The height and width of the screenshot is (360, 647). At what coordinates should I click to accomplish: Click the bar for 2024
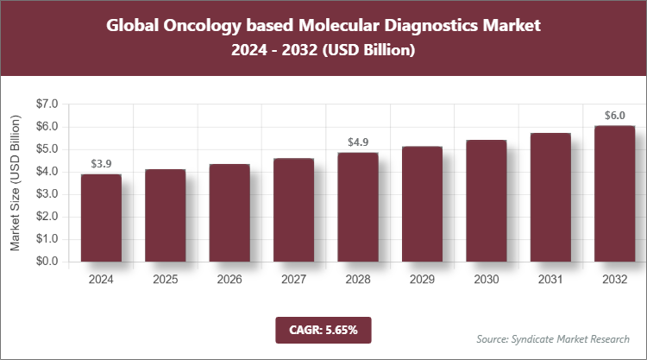tap(101, 218)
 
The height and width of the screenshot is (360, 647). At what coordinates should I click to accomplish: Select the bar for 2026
tap(229, 212)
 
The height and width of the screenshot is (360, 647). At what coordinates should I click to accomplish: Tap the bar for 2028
tap(357, 207)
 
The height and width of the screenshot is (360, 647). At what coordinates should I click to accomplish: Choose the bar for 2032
tap(613, 193)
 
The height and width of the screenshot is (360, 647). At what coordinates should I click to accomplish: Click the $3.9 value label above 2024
tap(101, 163)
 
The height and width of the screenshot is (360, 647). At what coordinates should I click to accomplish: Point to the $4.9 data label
tap(357, 142)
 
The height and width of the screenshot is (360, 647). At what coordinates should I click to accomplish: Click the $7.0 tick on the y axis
tap(47, 104)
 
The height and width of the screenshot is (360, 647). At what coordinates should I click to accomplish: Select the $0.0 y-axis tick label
tap(47, 262)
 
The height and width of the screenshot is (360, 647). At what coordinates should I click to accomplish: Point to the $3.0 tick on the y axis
tap(47, 194)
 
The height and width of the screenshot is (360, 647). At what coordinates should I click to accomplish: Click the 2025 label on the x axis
tap(165, 280)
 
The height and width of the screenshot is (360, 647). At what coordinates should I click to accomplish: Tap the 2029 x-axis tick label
tap(421, 280)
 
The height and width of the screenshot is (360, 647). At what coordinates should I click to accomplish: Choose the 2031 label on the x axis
tap(550, 280)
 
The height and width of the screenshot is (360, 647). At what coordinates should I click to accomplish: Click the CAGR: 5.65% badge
tap(323, 329)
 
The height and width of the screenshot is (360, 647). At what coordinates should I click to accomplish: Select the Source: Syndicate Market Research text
tap(553, 338)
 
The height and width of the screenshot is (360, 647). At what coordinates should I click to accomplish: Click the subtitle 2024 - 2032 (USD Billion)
tap(323, 51)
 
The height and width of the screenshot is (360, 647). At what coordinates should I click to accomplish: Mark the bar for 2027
tap(293, 210)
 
